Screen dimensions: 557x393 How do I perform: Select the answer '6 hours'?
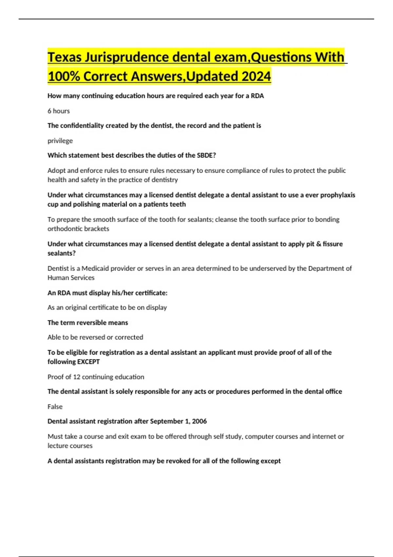[59, 111]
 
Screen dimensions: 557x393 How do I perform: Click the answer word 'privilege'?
[60, 141]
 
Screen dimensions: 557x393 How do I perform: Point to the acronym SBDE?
[206, 155]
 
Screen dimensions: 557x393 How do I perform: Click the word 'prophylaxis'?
[337, 195]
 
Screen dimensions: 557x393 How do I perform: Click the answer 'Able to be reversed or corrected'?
[95, 337]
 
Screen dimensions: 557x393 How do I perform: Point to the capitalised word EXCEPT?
[87, 362]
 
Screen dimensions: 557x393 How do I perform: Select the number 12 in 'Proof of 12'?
[77, 377]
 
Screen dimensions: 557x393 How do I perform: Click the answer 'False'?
[55, 407]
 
